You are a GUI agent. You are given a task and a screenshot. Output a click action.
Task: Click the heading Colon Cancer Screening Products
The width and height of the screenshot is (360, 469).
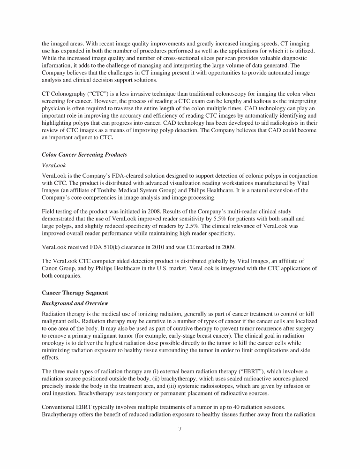(84, 155)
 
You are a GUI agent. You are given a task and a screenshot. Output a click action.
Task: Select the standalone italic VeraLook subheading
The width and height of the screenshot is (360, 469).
(54, 166)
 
